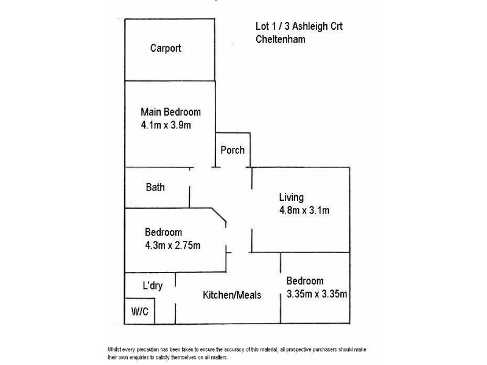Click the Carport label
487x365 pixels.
coord(166,49)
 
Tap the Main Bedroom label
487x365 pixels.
coord(170,112)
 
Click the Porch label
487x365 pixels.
coord(232,150)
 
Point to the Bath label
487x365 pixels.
coord(155,187)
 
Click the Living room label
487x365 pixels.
coord(291,197)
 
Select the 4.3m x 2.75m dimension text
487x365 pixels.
coord(173,245)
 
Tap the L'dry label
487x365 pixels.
coord(152,286)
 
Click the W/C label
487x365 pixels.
coord(139,311)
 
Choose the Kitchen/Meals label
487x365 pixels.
coord(232,295)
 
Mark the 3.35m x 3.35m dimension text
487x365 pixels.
coord(317,295)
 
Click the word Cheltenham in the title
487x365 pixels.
coord(281,40)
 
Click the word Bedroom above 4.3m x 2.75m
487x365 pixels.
coord(163,232)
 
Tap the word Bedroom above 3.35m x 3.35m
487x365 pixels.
coord(305,281)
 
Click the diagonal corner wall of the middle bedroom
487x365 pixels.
coord(219,216)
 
